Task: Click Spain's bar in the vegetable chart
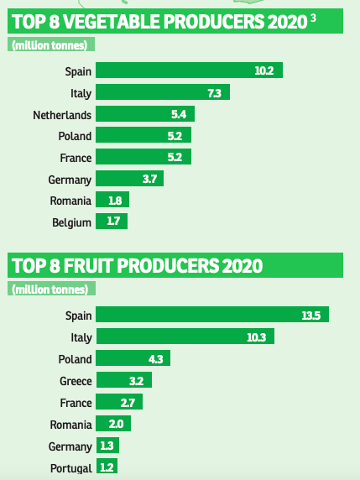(x=189, y=70)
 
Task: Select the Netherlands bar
(x=145, y=113)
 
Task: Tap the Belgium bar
(x=112, y=222)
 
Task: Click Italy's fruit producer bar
(x=185, y=337)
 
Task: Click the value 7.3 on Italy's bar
(x=214, y=91)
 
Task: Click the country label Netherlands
(x=61, y=113)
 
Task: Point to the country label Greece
(x=75, y=380)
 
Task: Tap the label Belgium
(x=71, y=222)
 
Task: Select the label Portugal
(x=70, y=467)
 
